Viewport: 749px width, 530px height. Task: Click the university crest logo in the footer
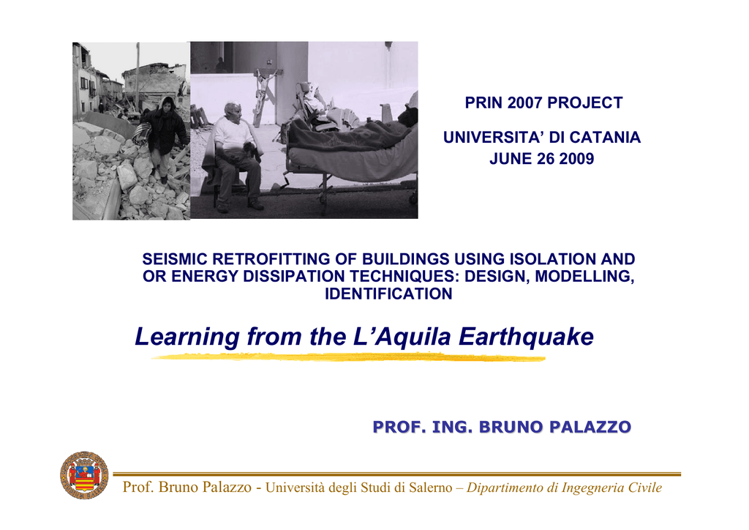84,475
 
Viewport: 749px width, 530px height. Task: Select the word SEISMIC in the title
175,259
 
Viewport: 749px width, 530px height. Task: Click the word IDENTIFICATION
388,294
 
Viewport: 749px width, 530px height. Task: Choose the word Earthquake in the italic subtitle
526,337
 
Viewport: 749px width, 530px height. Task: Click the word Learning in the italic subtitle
187,337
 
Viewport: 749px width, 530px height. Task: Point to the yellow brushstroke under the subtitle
348,357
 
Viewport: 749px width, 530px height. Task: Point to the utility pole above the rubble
138,76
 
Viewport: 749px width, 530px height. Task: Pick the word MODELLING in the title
584,276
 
